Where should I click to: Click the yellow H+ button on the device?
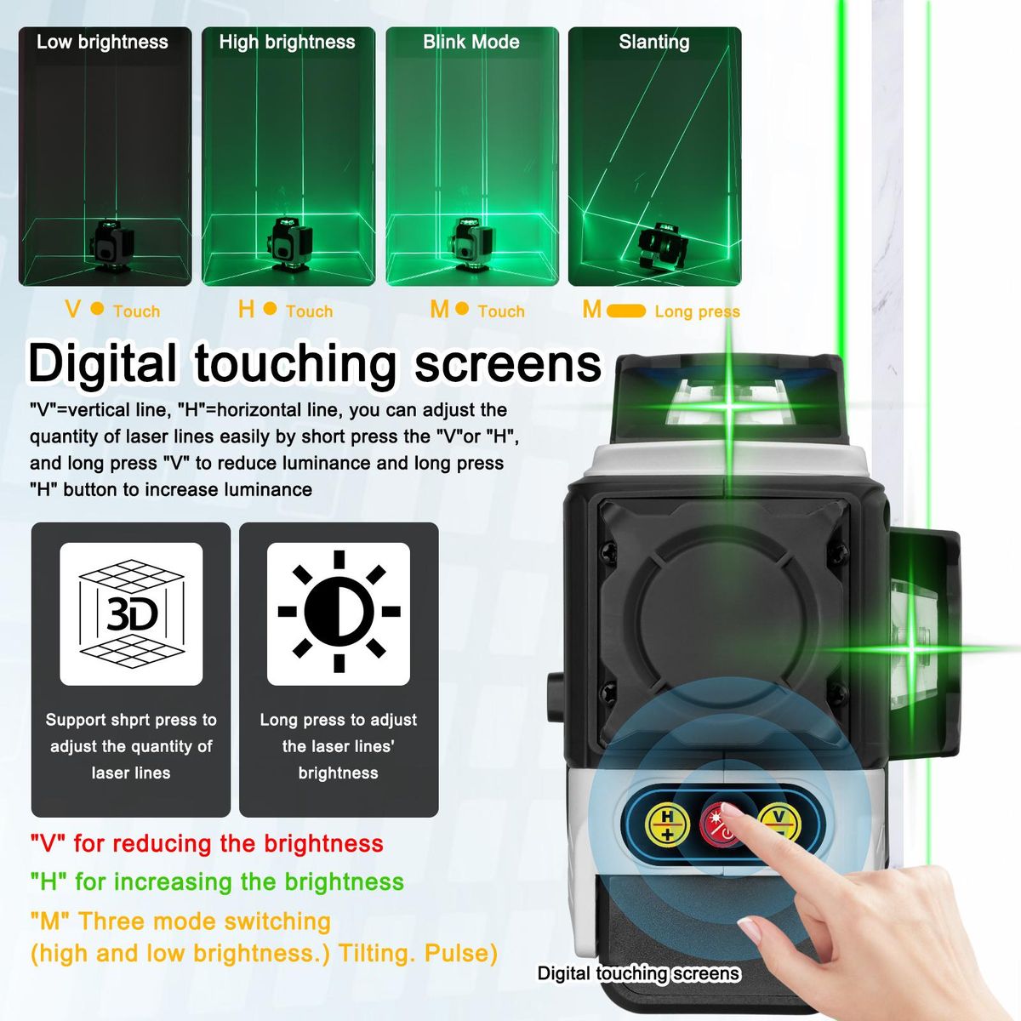tap(668, 825)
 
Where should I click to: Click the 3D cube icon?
tap(131, 614)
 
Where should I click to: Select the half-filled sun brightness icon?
tap(339, 612)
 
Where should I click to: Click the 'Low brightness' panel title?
tap(102, 42)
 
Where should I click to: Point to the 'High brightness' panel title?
tap(288, 42)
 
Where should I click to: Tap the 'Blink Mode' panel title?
tap(471, 42)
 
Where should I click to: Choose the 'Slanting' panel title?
tap(654, 43)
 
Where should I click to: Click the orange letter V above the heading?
tap(72, 309)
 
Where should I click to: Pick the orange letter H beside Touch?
tap(247, 309)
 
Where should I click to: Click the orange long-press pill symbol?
tap(626, 311)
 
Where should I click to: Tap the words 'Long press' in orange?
tap(698, 311)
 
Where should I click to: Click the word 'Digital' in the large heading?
tap(102, 364)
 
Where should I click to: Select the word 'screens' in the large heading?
tap(508, 364)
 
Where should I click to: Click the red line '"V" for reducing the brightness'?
tap(207, 844)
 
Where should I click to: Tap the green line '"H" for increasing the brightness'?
tap(217, 882)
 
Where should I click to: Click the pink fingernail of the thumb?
tap(749, 929)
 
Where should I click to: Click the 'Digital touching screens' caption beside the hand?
tap(638, 973)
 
